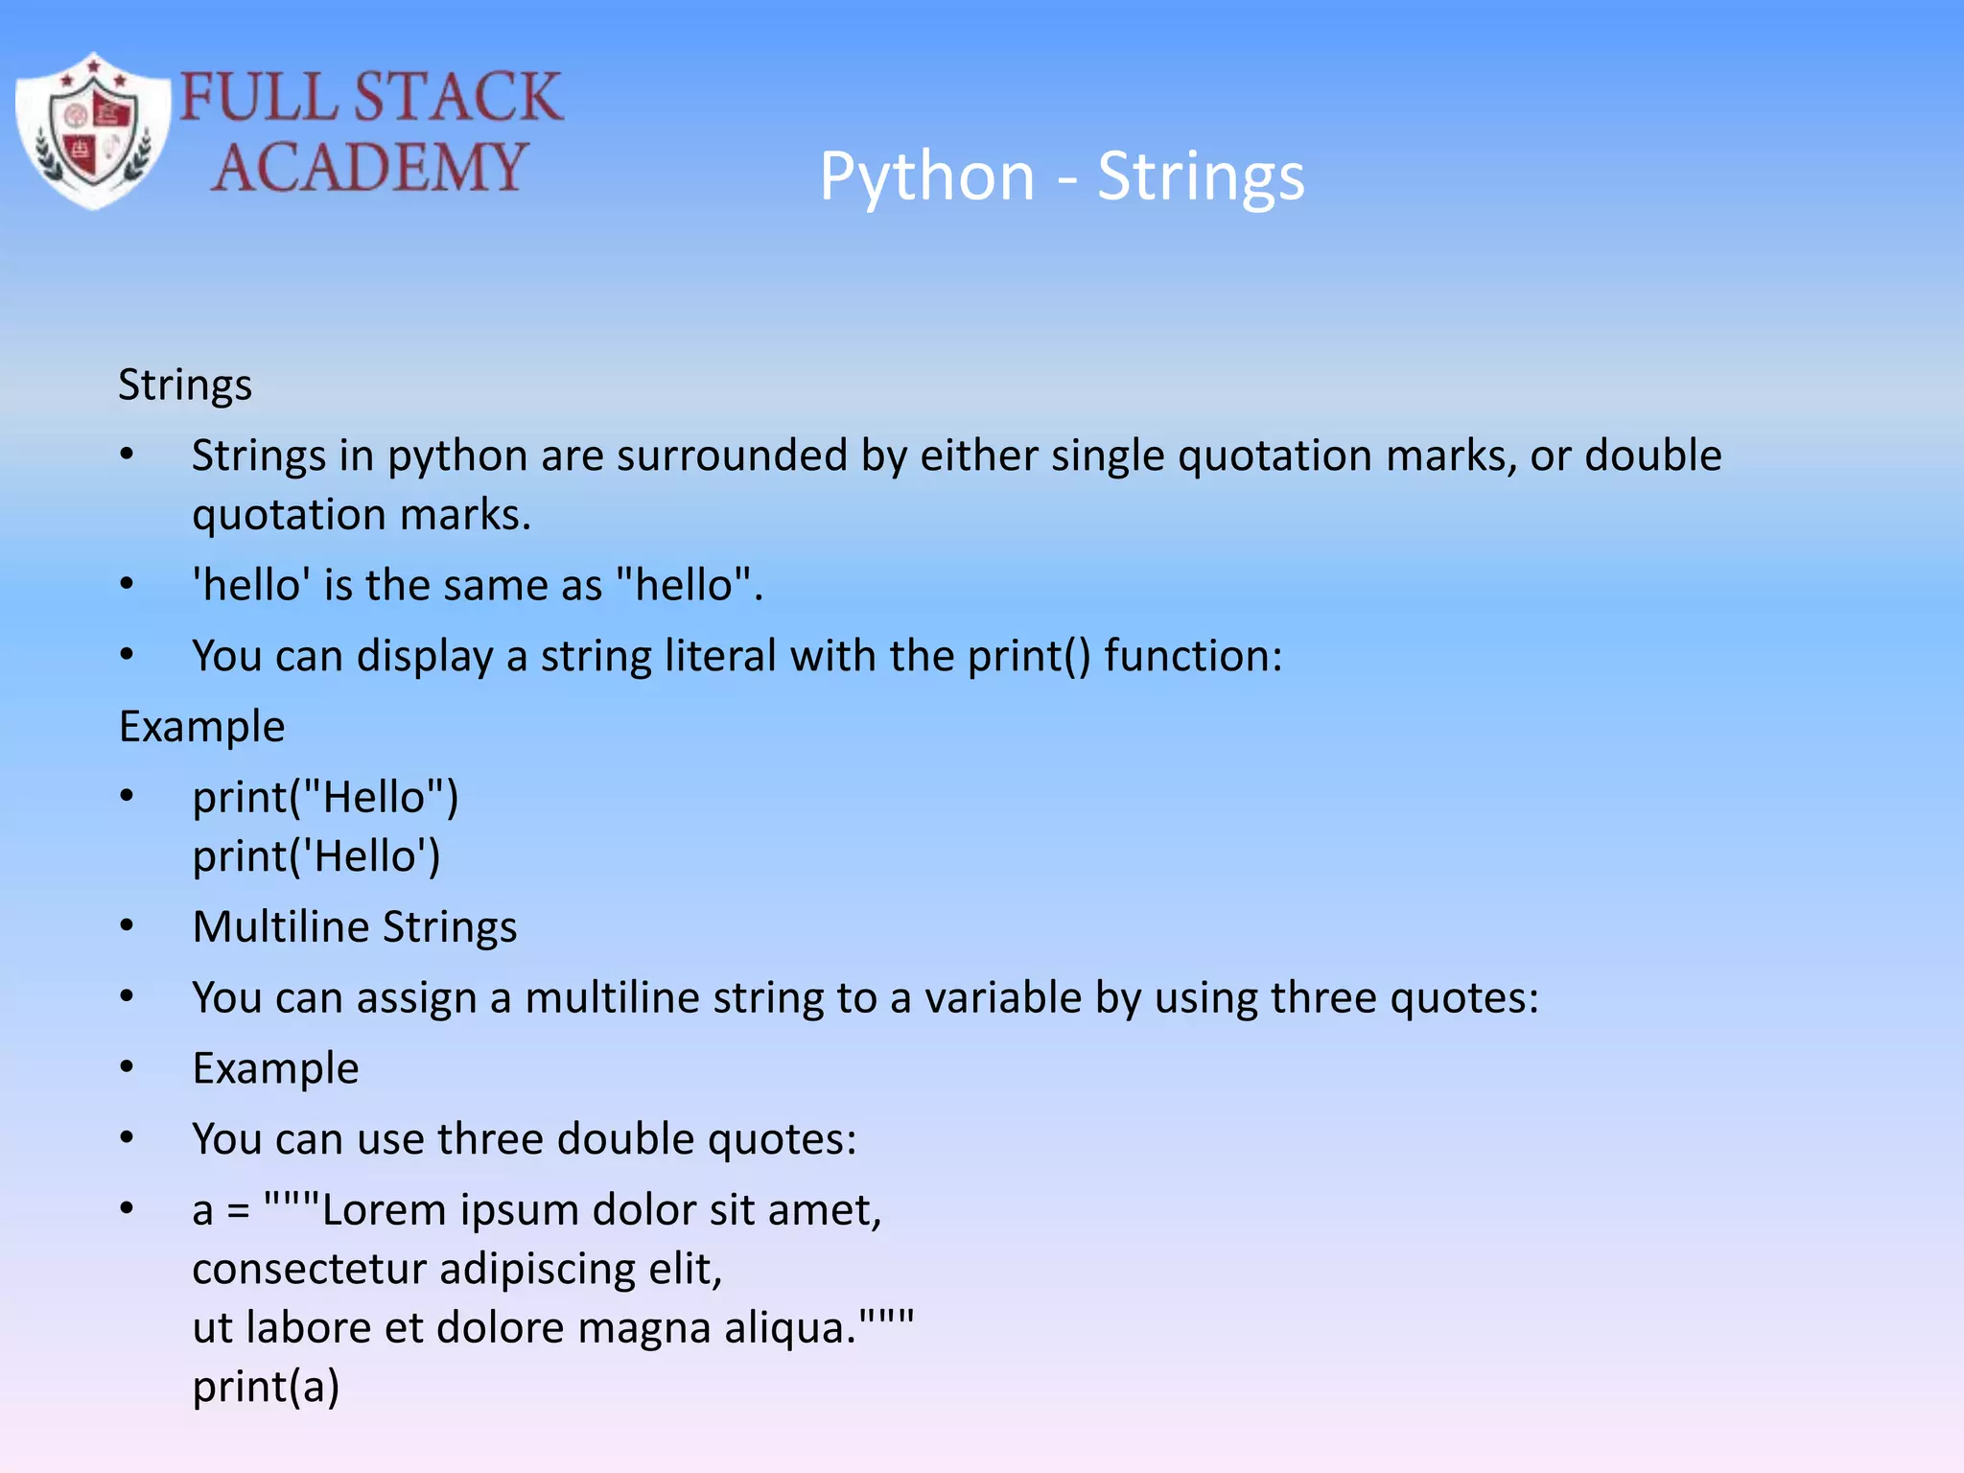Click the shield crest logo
click(93, 131)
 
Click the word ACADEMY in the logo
click(369, 168)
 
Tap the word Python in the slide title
click(926, 177)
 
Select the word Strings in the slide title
click(1200, 177)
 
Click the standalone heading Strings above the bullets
click(185, 386)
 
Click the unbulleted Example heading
click(201, 727)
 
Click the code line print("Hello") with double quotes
click(325, 798)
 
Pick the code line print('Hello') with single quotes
click(316, 856)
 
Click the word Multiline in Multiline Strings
click(280, 927)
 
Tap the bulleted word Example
click(275, 1069)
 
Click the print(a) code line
click(266, 1388)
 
